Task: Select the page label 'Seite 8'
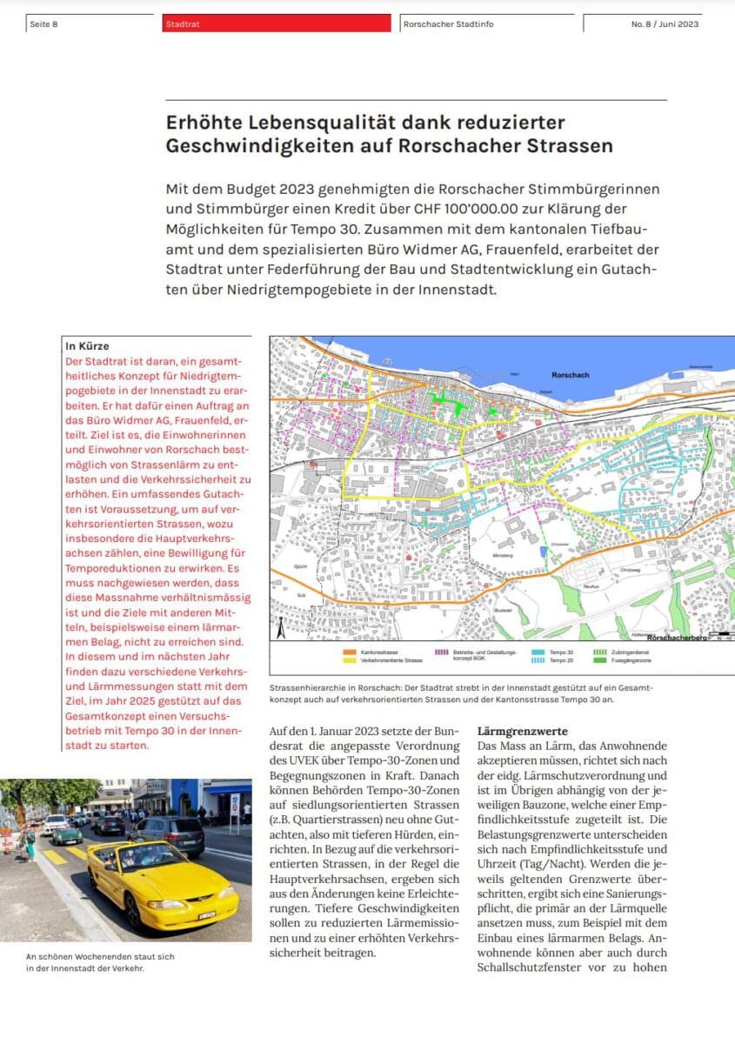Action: (x=43, y=24)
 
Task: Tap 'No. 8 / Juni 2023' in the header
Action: (x=665, y=24)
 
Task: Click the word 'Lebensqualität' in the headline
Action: (x=308, y=123)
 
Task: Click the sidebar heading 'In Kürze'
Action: (x=87, y=346)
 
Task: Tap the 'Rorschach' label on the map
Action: (x=571, y=375)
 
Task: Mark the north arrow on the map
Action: (x=281, y=626)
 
